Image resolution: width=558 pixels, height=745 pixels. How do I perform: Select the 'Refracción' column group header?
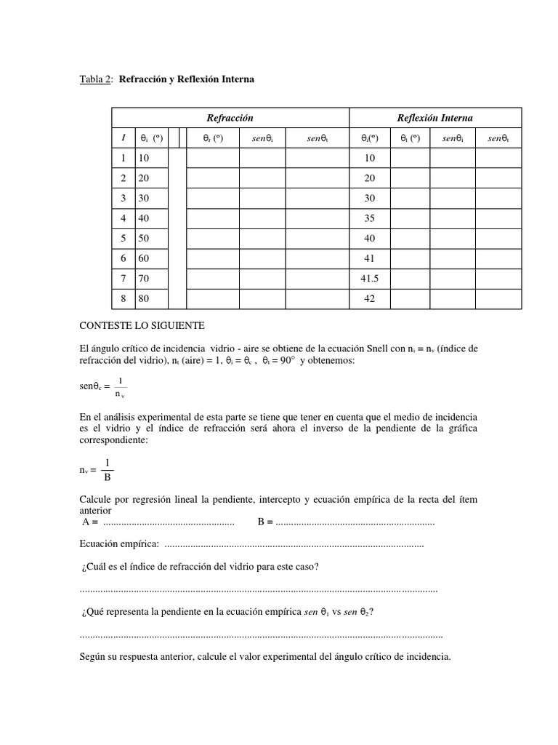pos(230,118)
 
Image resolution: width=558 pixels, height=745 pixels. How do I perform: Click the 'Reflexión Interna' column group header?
pos(435,118)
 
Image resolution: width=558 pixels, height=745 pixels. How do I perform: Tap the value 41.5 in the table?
pos(371,279)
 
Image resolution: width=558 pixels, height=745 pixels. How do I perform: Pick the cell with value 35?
pos(371,218)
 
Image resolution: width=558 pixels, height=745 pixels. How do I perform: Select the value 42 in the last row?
pos(371,298)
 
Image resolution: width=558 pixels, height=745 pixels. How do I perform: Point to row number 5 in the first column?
pos(124,239)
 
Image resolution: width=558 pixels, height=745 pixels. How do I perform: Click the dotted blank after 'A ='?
pos(169,521)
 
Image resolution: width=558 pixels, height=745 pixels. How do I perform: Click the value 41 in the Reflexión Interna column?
pos(371,258)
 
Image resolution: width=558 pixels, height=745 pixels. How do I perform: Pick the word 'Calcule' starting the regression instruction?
pos(94,500)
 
